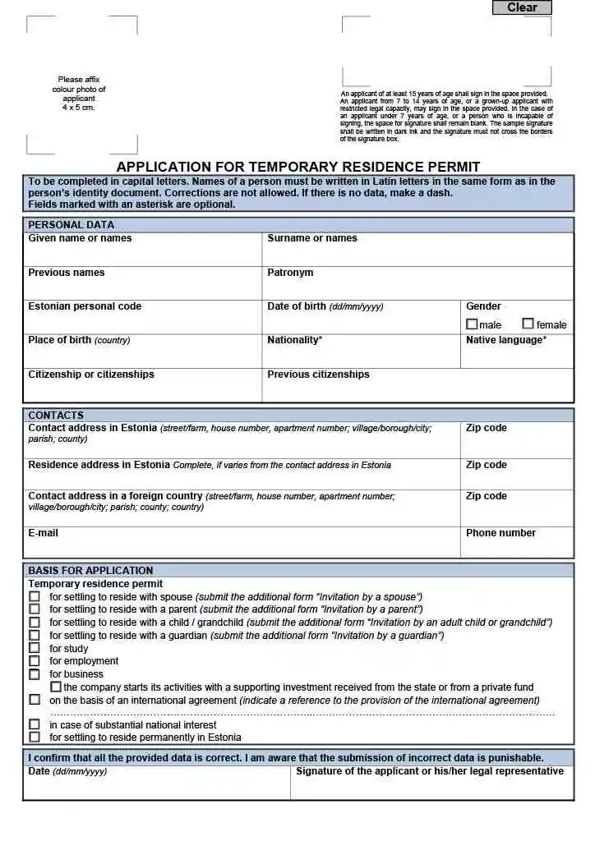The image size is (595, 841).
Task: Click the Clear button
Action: tap(522, 7)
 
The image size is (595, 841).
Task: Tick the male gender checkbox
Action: tap(472, 324)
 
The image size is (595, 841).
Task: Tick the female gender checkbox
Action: tap(528, 324)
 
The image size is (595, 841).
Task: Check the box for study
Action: tap(35, 649)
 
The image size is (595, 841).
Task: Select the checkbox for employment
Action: tap(35, 661)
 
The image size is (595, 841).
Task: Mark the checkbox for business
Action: tap(35, 674)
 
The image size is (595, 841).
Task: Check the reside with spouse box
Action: tap(35, 597)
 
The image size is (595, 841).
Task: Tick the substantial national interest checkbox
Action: tap(35, 725)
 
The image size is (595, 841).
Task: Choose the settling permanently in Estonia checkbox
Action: tap(35, 738)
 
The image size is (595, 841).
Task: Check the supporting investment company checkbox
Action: tap(56, 687)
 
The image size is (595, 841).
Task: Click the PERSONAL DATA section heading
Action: tap(71, 225)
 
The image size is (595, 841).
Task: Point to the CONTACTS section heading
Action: tap(56, 416)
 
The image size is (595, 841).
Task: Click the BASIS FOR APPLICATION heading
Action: tap(90, 571)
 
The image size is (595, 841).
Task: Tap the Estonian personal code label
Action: tap(85, 306)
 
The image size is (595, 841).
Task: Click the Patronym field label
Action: tap(290, 273)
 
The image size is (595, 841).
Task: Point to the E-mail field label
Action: tap(44, 533)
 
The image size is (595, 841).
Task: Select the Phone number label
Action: tap(500, 533)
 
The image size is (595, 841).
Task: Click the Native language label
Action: tap(505, 340)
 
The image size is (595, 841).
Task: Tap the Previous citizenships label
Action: tap(318, 375)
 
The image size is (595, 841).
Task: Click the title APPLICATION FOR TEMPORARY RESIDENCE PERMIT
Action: tap(297, 167)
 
